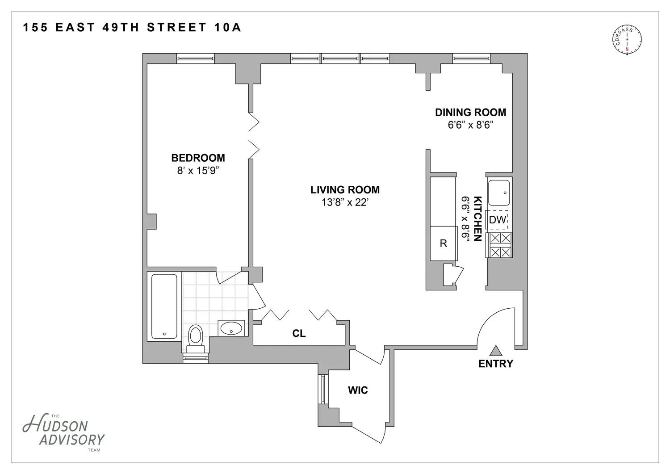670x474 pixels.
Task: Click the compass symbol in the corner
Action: pyautogui.click(x=627, y=40)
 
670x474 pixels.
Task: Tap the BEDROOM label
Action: pyautogui.click(x=198, y=158)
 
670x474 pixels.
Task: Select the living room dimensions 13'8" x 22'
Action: pyautogui.click(x=344, y=202)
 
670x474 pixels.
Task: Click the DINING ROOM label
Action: pyautogui.click(x=470, y=112)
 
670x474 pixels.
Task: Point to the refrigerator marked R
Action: pyautogui.click(x=444, y=243)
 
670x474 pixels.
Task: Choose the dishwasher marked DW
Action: pyautogui.click(x=497, y=220)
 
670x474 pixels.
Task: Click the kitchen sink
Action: pyautogui.click(x=499, y=193)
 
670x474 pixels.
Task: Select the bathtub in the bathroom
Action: pyautogui.click(x=164, y=306)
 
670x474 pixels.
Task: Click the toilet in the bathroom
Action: pyautogui.click(x=196, y=339)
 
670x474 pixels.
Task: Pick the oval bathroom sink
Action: pyautogui.click(x=231, y=328)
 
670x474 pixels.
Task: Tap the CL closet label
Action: pyautogui.click(x=299, y=333)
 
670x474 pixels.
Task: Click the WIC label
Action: pyautogui.click(x=358, y=390)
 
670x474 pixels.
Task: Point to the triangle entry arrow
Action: pyautogui.click(x=496, y=350)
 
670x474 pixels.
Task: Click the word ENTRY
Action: pyautogui.click(x=496, y=364)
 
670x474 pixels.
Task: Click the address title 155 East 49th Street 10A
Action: pyautogui.click(x=132, y=28)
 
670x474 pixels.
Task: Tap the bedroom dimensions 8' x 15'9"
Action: pyautogui.click(x=198, y=171)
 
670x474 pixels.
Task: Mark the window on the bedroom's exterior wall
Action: pyautogui.click(x=196, y=59)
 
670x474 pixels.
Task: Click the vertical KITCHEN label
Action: pyautogui.click(x=477, y=219)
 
